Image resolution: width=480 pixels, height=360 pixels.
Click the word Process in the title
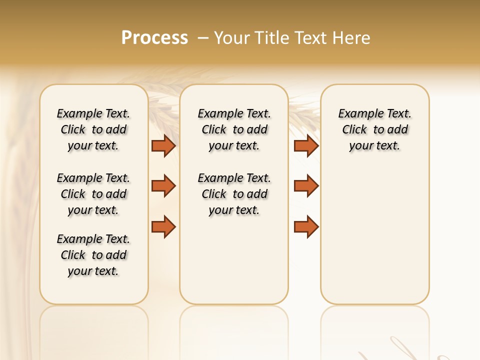point(154,38)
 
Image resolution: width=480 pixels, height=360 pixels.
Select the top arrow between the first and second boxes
point(163,145)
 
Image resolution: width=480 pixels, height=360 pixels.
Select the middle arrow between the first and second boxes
point(163,186)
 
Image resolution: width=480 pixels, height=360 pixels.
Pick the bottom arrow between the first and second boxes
point(163,226)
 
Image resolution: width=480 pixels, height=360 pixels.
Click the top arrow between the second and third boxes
point(306,145)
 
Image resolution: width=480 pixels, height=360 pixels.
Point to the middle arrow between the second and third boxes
point(306,186)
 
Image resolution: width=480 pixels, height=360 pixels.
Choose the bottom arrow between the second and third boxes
point(306,226)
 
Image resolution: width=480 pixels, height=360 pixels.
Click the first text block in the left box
point(93,129)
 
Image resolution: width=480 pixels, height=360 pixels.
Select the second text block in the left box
point(93,194)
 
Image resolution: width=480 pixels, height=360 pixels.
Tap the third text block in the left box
point(93,255)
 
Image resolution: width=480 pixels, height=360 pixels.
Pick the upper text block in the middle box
point(234,129)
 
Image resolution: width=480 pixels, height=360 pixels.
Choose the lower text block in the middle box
point(234,194)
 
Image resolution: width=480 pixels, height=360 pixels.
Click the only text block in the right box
point(375,129)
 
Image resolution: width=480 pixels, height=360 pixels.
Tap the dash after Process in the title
point(203,38)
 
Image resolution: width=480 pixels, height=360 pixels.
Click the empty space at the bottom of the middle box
point(234,265)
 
